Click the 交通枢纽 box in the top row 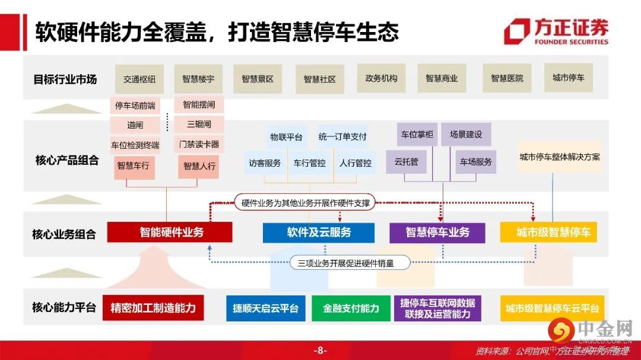pyautogui.click(x=139, y=79)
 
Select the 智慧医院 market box pyautogui.click(x=507, y=79)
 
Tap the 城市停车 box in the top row pyautogui.click(x=568, y=78)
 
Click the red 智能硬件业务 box pyautogui.click(x=170, y=232)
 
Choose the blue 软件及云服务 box pyautogui.click(x=319, y=232)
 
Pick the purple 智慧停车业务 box pyautogui.click(x=437, y=232)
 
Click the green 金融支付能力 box pyautogui.click(x=351, y=308)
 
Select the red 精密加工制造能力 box pyautogui.click(x=153, y=308)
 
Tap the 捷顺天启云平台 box pyautogui.click(x=265, y=308)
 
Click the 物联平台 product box pyautogui.click(x=286, y=137)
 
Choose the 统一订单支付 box pyautogui.click(x=342, y=137)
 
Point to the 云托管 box pyautogui.click(x=407, y=161)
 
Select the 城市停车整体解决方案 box pyautogui.click(x=559, y=157)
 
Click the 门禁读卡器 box pyautogui.click(x=199, y=144)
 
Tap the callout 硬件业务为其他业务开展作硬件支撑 pyautogui.click(x=306, y=203)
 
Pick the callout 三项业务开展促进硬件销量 pyautogui.click(x=350, y=263)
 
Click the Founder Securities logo pyautogui.click(x=556, y=31)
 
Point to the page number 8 pyautogui.click(x=320, y=351)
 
